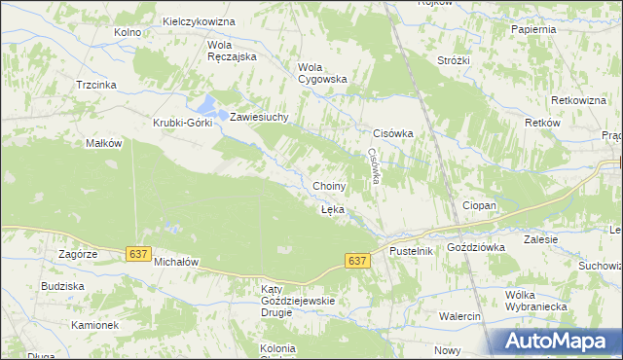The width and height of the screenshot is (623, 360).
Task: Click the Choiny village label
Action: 329,186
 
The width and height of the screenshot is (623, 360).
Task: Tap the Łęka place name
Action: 332,209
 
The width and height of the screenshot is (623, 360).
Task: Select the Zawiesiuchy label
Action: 260,117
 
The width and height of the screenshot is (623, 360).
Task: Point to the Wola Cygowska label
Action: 321,73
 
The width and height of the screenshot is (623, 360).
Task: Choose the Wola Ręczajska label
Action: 231,51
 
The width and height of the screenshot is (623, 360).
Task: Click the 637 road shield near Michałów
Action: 138,254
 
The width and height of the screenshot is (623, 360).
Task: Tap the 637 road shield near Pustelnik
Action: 357,261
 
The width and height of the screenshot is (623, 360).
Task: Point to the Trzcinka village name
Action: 96,85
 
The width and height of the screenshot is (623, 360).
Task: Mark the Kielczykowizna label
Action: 201,20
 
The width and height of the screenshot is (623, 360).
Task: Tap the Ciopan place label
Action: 479,206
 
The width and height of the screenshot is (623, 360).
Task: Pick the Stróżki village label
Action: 454,60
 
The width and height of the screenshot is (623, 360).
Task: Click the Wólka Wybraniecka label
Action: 530,301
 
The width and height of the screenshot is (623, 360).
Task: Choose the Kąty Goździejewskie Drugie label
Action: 297,301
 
